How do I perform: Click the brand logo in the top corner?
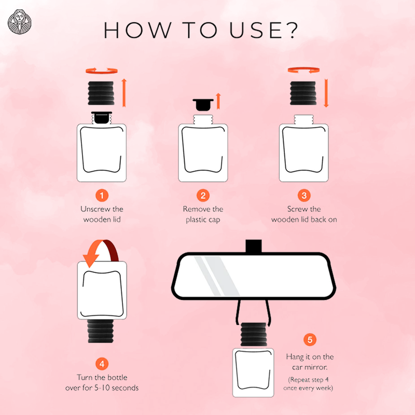19,22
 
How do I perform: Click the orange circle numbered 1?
102,196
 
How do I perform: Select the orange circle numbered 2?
203,196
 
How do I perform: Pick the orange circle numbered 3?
304,196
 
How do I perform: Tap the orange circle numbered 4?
102,364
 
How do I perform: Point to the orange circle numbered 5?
310,340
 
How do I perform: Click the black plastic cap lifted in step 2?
203,105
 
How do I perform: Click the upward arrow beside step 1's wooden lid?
124,93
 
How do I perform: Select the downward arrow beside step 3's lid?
326,93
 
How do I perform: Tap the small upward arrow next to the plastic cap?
218,101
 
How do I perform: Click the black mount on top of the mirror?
254,246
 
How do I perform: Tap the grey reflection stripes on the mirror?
217,276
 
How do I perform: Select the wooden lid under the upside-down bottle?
101,331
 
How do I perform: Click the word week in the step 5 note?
325,388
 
